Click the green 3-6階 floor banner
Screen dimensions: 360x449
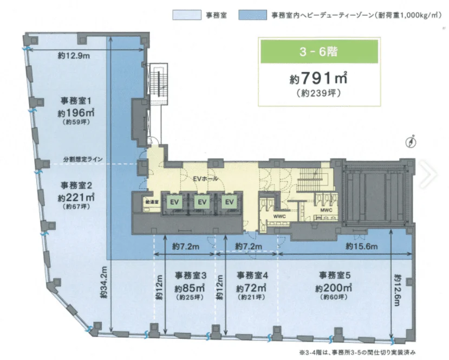(318, 53)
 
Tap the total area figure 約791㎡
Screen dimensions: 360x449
(318, 78)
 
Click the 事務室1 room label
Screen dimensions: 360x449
(75, 101)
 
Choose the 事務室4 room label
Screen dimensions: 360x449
(250, 274)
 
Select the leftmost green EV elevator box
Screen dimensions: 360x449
(174, 202)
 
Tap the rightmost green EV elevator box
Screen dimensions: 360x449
(230, 202)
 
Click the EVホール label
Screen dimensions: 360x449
(204, 178)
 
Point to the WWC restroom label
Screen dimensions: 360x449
(279, 216)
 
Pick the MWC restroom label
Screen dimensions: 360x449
(326, 209)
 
